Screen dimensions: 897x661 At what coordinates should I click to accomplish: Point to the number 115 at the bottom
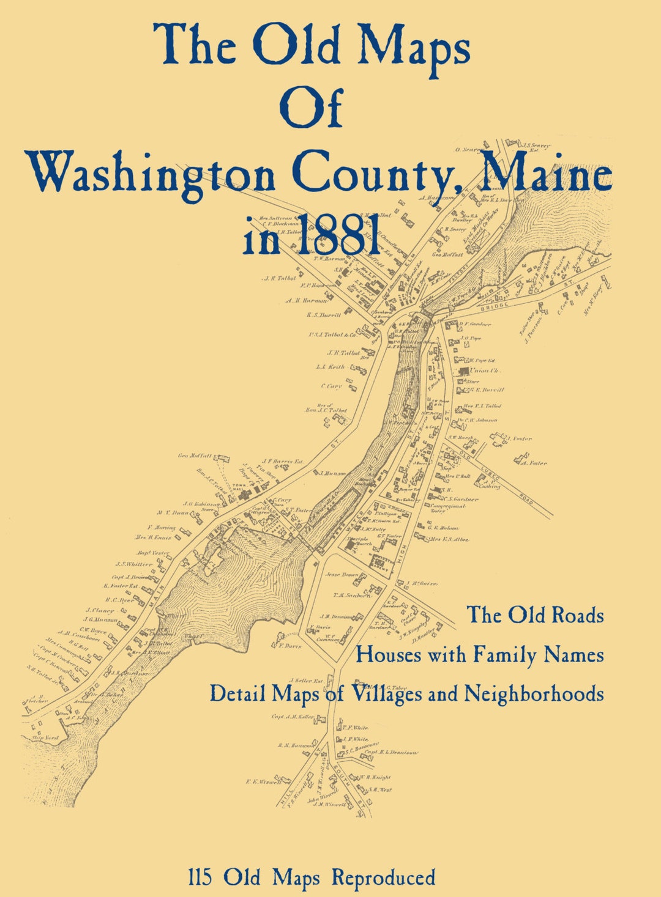(x=200, y=877)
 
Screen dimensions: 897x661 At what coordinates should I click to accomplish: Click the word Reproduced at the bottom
(x=384, y=877)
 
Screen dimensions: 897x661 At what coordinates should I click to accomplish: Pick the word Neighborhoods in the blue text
(x=534, y=693)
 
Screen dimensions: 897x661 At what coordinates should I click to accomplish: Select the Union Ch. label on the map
(x=485, y=371)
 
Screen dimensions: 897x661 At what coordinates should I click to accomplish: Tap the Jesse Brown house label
(x=341, y=575)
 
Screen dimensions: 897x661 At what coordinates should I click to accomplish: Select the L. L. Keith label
(x=330, y=367)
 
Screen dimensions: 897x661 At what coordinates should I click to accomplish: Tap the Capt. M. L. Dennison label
(x=391, y=752)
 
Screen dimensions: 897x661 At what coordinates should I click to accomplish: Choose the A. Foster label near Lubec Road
(x=534, y=463)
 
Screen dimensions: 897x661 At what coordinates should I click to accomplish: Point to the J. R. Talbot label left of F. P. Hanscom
(x=279, y=278)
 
